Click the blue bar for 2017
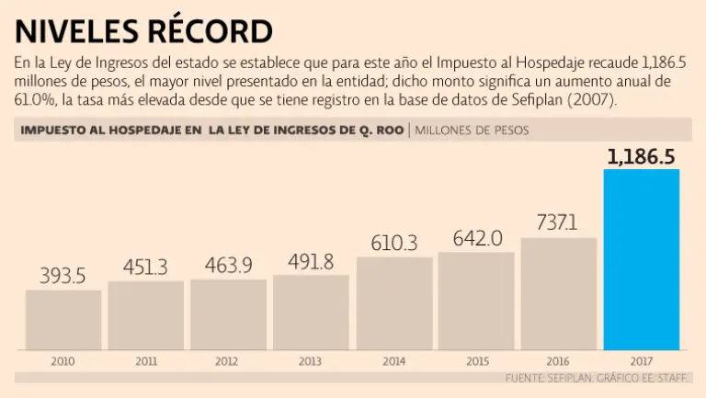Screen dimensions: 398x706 coord(641,259)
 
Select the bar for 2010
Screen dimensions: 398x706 coord(63,320)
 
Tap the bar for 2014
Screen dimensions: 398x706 coord(393,303)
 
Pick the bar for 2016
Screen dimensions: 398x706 coord(558,294)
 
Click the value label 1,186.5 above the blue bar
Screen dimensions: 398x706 coord(641,156)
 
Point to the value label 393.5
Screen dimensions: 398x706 coord(63,276)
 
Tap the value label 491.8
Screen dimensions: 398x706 coord(311,260)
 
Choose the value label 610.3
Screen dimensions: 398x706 coord(393,243)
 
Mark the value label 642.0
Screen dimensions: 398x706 coord(476,238)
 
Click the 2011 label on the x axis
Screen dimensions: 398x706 coord(145,361)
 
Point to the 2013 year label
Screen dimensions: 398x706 coord(311,361)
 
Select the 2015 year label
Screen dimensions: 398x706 coord(476,361)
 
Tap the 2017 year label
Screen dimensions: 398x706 coord(641,361)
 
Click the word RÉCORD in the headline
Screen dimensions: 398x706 coord(206,31)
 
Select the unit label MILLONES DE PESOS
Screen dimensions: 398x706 coord(472,130)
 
